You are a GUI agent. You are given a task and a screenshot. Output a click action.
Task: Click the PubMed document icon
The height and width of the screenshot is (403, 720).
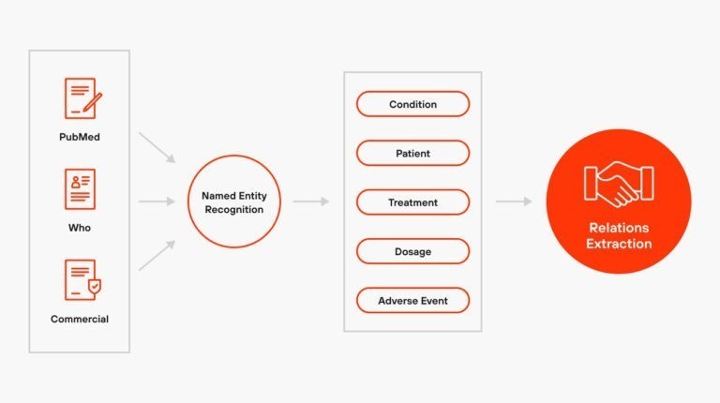[82, 98]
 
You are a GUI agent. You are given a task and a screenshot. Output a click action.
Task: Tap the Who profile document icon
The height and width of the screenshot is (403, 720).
[80, 189]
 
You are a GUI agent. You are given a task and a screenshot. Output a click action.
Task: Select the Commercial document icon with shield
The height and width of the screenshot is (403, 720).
[82, 280]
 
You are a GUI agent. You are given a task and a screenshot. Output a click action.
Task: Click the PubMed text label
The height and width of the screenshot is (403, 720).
[80, 137]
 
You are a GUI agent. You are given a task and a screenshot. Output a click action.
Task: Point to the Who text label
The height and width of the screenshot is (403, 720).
[80, 228]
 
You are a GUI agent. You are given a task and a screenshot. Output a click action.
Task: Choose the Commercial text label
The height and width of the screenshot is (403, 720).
[80, 319]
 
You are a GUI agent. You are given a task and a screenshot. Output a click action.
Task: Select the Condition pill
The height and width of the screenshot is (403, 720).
[412, 104]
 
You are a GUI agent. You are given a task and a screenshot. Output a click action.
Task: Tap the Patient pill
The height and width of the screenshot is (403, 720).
[412, 154]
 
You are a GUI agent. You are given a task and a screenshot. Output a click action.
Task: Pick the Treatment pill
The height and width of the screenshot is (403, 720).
[412, 202]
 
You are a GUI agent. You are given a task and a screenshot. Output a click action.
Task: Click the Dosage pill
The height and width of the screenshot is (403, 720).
[412, 251]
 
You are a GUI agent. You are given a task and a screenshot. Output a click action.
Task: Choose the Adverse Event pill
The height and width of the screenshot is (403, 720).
[412, 301]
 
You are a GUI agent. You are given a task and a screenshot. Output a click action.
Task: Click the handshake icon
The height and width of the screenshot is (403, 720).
[619, 185]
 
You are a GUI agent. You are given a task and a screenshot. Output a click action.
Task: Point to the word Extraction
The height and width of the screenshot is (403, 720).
[619, 244]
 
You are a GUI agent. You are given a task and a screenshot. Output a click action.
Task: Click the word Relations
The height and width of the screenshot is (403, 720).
[619, 228]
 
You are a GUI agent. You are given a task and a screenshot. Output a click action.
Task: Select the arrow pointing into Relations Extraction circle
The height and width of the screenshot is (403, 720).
[514, 201]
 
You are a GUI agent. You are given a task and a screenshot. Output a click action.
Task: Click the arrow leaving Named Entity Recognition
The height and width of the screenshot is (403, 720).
[311, 201]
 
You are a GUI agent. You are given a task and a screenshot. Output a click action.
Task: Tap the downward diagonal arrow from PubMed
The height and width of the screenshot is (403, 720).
[157, 147]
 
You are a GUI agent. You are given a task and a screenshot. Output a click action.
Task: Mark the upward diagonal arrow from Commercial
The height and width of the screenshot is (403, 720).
[157, 255]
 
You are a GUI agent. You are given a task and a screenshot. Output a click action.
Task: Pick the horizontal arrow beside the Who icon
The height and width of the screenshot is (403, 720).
[157, 201]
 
